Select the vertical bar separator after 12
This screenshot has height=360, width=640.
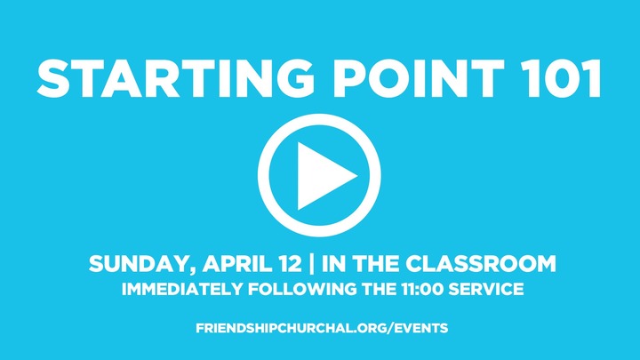coord(315,264)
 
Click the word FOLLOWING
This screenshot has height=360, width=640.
coord(284,289)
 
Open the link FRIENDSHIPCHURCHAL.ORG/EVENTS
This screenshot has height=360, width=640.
coord(321,328)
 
